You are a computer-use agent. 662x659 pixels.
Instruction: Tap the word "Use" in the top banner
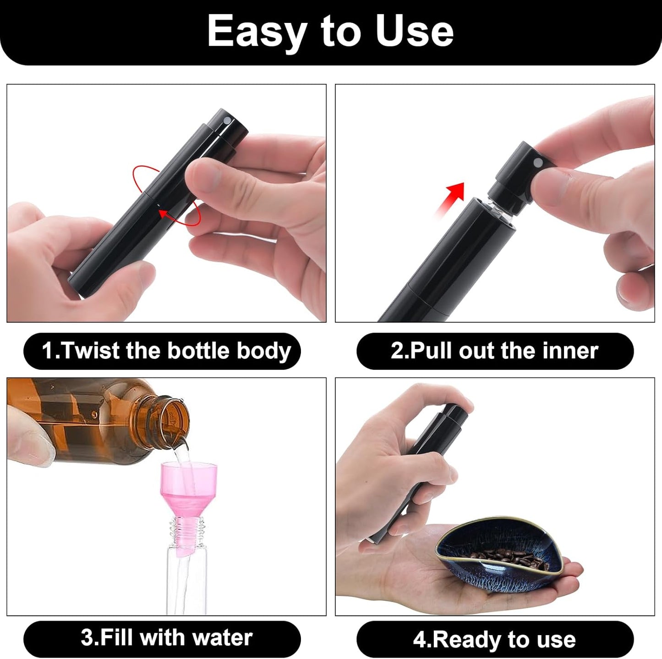tap(414, 31)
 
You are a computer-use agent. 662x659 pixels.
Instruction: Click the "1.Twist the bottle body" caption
tap(166, 351)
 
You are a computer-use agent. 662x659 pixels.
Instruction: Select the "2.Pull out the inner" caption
tap(494, 351)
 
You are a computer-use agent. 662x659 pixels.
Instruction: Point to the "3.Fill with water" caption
tap(166, 638)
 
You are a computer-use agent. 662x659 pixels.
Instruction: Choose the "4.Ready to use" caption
tap(494, 639)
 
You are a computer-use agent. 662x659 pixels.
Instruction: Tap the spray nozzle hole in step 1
tap(227, 120)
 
